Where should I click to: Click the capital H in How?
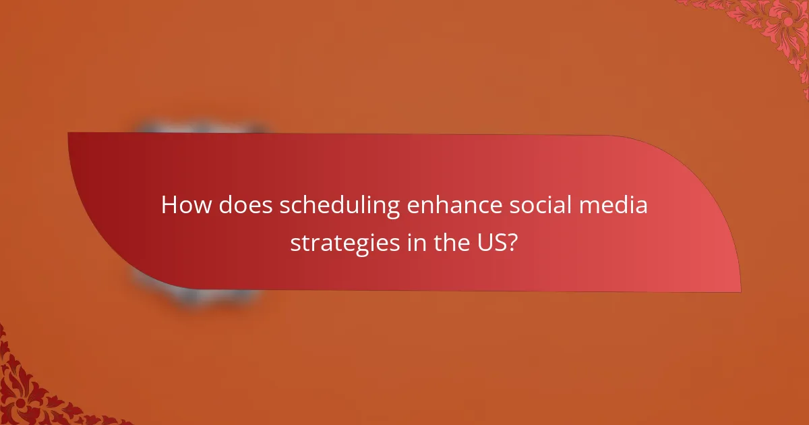click(171, 206)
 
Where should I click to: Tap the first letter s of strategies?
click(295, 244)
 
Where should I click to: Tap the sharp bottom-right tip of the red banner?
click(740, 291)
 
